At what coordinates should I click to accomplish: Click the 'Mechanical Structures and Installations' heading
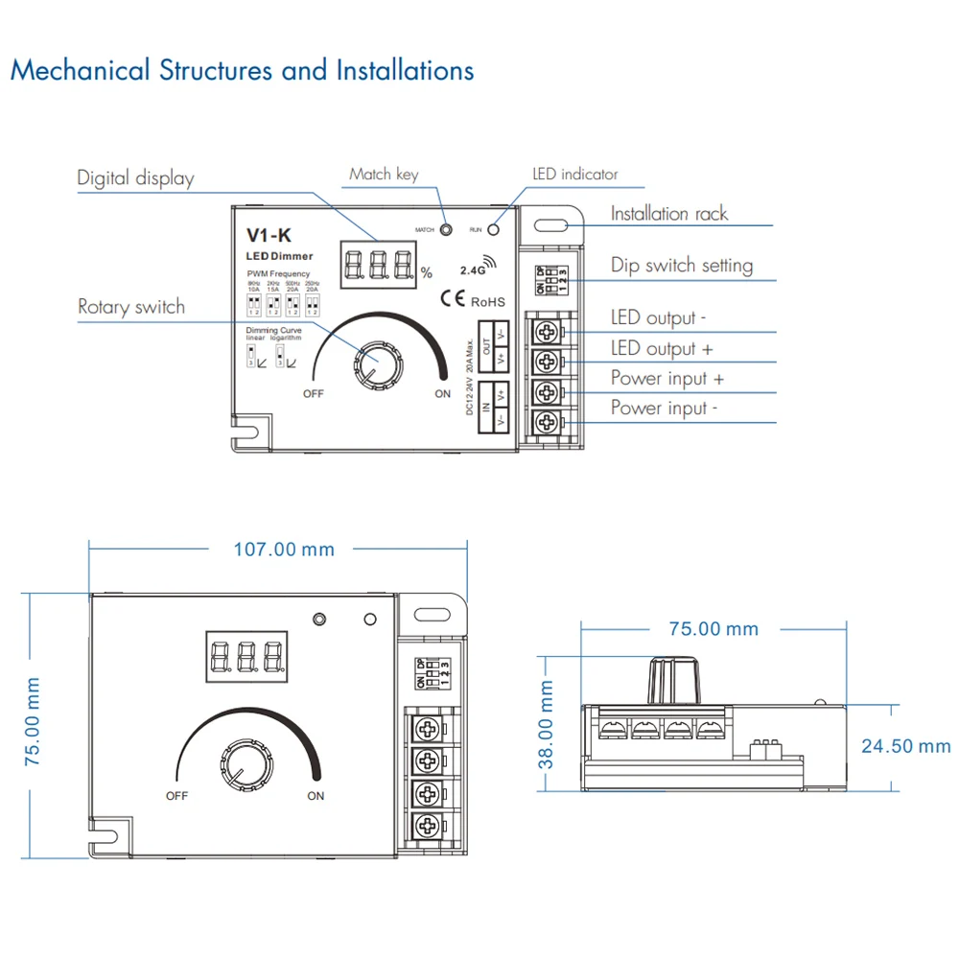[242, 71]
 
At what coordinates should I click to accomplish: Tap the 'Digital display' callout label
[135, 178]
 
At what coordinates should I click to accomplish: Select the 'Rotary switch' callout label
[131, 307]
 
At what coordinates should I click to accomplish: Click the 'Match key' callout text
[384, 174]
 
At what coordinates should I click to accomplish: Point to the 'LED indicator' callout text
[575, 175]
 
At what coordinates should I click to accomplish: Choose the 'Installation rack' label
[669, 214]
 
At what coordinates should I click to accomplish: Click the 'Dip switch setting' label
[682, 266]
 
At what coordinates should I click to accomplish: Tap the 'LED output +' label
[662, 348]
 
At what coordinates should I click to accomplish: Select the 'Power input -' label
[664, 408]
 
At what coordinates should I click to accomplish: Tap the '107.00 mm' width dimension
[284, 550]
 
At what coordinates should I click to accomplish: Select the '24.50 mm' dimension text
[905, 746]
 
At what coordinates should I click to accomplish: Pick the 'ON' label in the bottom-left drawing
[316, 796]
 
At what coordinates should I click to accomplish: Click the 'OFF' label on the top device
[314, 394]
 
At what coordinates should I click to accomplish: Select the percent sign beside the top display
[426, 273]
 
